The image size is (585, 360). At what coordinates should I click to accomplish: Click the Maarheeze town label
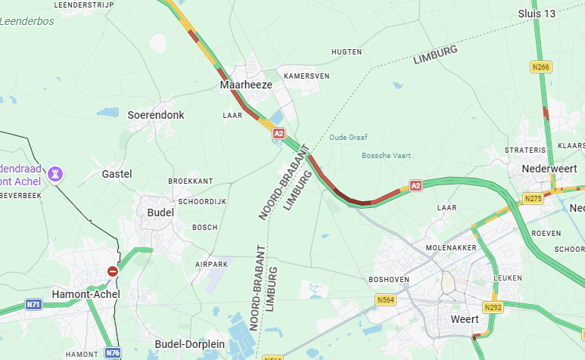[x=246, y=85]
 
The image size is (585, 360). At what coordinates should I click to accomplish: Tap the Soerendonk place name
[x=156, y=114]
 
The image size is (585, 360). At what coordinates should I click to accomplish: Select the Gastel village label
[x=117, y=174]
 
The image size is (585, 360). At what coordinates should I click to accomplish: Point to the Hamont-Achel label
[x=82, y=293]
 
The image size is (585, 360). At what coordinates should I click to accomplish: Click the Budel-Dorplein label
[x=189, y=344]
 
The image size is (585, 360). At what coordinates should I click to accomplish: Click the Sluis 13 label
[x=537, y=14]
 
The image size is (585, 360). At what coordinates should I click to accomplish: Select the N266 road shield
[x=540, y=67]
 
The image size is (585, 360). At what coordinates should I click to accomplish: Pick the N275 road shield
[x=534, y=198]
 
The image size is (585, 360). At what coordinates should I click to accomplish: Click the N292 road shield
[x=493, y=307]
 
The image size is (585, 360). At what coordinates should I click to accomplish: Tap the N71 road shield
[x=33, y=304]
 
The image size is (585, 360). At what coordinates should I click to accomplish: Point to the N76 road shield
[x=113, y=352]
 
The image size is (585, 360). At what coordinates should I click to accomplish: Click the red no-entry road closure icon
[x=112, y=271]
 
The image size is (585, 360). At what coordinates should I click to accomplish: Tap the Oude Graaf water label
[x=348, y=137]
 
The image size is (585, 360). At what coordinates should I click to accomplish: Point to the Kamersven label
[x=307, y=76]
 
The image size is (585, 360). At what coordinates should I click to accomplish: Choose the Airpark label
[x=211, y=264]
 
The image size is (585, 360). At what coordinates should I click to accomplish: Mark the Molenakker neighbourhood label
[x=452, y=247]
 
